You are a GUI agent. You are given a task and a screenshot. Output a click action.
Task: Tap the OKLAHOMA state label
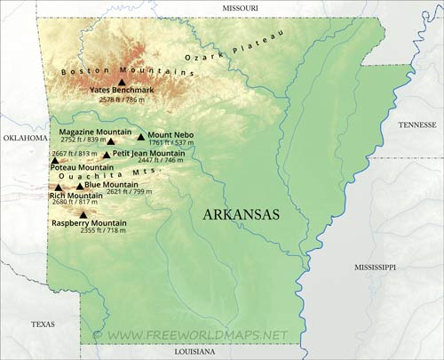pyautogui.click(x=24, y=139)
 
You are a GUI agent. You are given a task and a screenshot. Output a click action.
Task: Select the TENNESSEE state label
pyautogui.click(x=416, y=125)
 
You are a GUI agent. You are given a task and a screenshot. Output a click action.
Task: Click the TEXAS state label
pyautogui.click(x=43, y=324)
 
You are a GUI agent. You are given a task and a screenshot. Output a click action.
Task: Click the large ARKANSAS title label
pyautogui.click(x=241, y=215)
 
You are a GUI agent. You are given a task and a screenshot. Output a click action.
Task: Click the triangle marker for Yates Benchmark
pyautogui.click(x=122, y=82)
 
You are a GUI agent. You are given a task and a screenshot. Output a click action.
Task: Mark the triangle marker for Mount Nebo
pyautogui.click(x=140, y=137)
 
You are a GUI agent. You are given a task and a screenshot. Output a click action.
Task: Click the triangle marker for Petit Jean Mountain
pyautogui.click(x=107, y=155)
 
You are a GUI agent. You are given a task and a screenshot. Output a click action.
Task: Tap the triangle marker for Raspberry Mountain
pyautogui.click(x=83, y=215)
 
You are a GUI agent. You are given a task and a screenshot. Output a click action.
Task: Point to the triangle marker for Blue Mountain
pyautogui.click(x=79, y=186)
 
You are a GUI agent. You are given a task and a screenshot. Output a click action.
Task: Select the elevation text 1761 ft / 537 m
pyautogui.click(x=170, y=142)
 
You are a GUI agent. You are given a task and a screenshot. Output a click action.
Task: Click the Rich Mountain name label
pyautogui.click(x=75, y=195)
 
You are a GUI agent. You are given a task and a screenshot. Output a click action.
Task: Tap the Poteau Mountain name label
pyautogui.click(x=82, y=166)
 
